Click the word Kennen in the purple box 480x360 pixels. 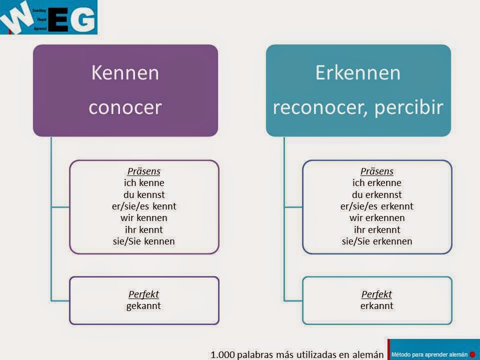click(125, 73)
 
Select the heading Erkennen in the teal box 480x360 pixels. click(358, 73)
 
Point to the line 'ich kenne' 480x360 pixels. click(144, 182)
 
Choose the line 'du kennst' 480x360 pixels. click(144, 194)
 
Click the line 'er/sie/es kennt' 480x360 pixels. click(144, 206)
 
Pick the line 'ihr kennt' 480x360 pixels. click(144, 230)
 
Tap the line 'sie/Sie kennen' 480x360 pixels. click(144, 241)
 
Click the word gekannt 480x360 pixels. click(144, 305)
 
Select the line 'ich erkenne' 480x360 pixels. click(377, 182)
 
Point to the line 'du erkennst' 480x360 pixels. click(377, 194)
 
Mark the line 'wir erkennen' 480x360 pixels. click(377, 218)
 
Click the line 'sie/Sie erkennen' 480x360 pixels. click(377, 241)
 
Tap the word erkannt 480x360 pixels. click(377, 305)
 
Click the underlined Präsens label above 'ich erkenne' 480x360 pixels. click(377, 171)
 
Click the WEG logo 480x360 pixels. click(49, 17)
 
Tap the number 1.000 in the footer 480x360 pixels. click(223, 354)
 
